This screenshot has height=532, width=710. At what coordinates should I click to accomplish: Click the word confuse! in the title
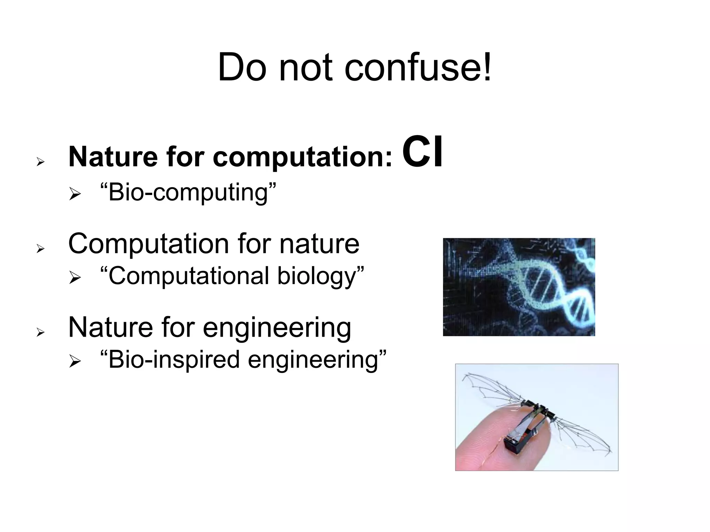[x=418, y=68]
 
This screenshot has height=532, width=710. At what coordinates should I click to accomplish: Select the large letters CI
[x=423, y=153]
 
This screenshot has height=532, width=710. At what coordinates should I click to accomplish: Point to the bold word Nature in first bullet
[x=112, y=157]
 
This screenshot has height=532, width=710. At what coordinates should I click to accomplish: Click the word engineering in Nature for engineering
[x=277, y=328]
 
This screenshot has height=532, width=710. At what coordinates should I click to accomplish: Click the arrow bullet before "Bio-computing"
[x=75, y=194]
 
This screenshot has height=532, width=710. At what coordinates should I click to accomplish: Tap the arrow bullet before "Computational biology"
[x=75, y=277]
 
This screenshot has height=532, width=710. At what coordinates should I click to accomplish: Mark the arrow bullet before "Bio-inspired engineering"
[x=75, y=361]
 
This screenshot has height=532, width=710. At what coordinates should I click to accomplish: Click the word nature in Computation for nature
[x=319, y=244]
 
